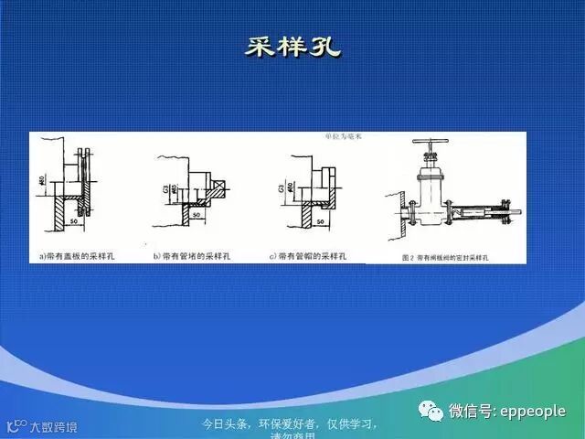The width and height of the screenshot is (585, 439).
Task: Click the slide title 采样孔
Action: click(292, 47)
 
